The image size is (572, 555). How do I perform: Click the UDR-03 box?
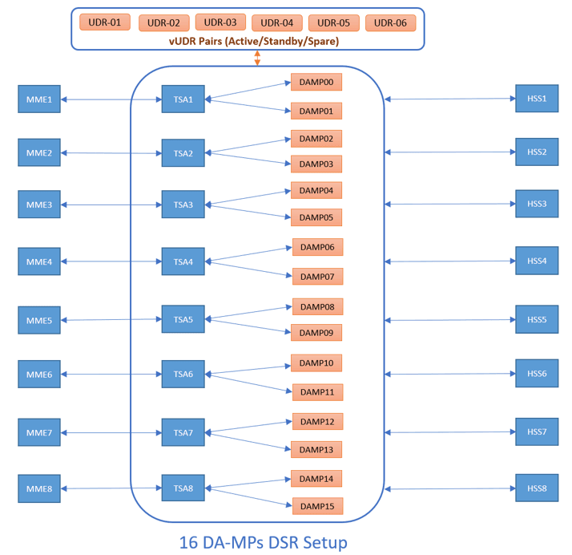220,22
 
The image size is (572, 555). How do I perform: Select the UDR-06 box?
390,22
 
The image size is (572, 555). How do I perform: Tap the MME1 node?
39,100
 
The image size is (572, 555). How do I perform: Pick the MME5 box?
39,321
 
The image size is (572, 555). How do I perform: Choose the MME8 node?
39,488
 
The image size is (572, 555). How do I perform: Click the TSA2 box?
183,153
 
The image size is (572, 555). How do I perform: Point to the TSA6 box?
183,374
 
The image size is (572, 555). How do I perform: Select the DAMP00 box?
316,82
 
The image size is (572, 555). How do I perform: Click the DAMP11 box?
316,392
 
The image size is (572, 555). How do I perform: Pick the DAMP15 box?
316,506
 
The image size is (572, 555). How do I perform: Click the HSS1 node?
537,99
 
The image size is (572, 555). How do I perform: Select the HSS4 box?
537,261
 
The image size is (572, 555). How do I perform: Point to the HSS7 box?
537,431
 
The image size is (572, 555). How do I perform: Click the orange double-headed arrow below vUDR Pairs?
257,59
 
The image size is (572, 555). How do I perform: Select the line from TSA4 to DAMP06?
249,253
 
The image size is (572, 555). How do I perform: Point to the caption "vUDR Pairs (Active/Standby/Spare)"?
248,40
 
